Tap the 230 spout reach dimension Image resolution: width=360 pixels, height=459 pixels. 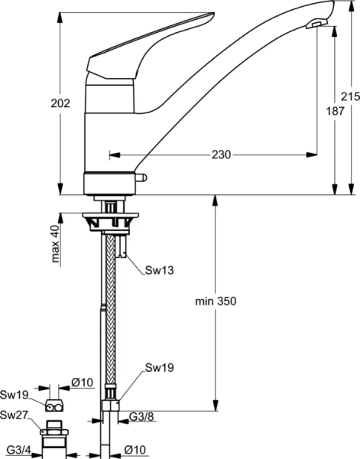[x=222, y=155]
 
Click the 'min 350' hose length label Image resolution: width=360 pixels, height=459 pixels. [x=216, y=301]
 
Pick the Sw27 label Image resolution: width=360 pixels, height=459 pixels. [x=15, y=415]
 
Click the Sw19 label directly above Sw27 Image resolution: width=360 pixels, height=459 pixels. [x=15, y=396]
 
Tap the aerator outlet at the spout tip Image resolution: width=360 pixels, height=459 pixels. [x=314, y=26]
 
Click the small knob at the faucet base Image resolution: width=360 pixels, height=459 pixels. [x=141, y=179]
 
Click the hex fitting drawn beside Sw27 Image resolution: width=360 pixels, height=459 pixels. [x=54, y=432]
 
